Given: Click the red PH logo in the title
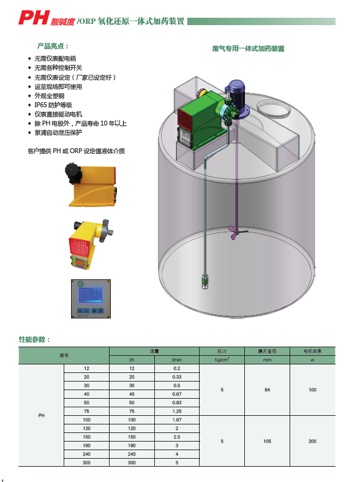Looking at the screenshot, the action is coord(34,18).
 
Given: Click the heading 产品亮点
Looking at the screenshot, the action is coord(51,46).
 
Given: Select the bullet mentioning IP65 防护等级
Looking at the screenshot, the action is coord(53,105).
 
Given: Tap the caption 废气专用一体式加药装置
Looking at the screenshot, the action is coord(248,48).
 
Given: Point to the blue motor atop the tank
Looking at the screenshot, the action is coord(236,93).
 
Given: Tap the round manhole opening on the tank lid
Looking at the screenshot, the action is coord(273,108).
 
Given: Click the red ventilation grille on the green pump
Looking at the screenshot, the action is coord(185,118).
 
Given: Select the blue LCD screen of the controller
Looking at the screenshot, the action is coord(91,295).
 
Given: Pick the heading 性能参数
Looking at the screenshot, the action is coord(34,339).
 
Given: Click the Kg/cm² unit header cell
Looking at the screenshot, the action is coord(222,360).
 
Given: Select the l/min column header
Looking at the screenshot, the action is coord(177,360).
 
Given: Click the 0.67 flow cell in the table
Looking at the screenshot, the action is coord(177,394).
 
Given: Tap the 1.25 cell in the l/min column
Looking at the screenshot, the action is coord(177,412).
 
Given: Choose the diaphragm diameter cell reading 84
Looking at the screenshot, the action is coord(267,390).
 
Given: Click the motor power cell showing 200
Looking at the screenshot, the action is coord(312,441).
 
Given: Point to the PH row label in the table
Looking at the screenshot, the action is coord(42,415).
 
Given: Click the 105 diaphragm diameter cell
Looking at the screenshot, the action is coord(267,441).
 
